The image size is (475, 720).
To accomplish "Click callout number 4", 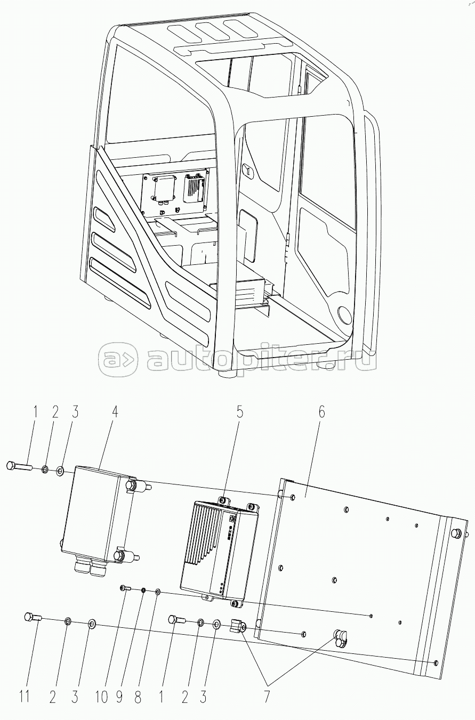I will click(x=115, y=412).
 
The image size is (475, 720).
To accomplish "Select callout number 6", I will click(x=321, y=412).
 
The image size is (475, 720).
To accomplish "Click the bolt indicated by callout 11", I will click(x=33, y=618).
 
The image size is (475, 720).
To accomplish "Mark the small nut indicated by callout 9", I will click(x=144, y=590).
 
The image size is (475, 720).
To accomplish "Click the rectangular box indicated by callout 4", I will click(x=96, y=512).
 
